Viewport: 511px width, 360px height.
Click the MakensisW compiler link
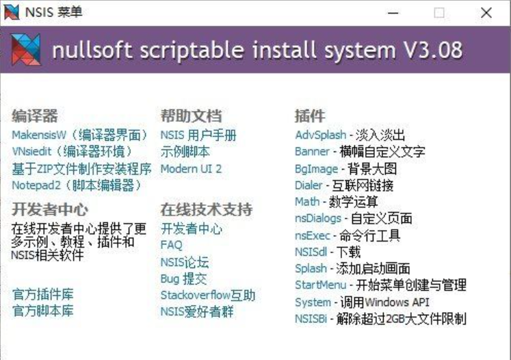click(x=80, y=135)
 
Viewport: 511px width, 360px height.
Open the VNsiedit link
click(x=72, y=151)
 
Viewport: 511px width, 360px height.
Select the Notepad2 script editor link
click(x=77, y=185)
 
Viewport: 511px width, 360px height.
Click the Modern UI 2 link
click(x=191, y=168)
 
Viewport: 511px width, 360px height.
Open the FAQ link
click(x=172, y=245)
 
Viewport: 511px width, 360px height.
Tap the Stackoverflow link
click(x=208, y=295)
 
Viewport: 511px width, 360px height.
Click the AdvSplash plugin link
click(x=321, y=135)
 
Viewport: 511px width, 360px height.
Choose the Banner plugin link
click(x=312, y=151)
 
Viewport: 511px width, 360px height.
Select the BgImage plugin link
click(x=317, y=169)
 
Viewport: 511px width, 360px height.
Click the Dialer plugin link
click(x=309, y=185)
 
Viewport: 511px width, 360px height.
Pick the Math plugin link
click(x=307, y=201)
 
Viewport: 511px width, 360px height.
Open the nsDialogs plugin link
click(x=318, y=218)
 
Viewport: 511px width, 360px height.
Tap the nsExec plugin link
click(x=313, y=235)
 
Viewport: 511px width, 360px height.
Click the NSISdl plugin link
click(x=311, y=252)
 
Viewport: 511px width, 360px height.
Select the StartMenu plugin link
click(x=321, y=285)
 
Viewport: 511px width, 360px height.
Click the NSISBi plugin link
click(x=311, y=318)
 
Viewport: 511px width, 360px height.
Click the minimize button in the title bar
click(x=393, y=13)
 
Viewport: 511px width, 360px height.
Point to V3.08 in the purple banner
click(x=433, y=50)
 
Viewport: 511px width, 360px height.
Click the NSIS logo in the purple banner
click(x=26, y=49)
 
